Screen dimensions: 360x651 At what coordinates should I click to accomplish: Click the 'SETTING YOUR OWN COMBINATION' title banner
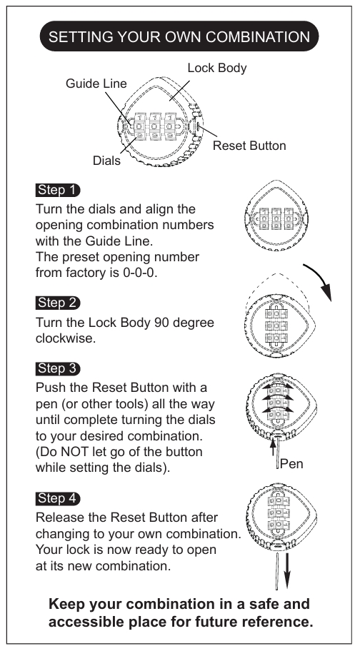[x=179, y=36]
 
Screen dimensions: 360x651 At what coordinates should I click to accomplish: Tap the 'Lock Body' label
[x=217, y=68]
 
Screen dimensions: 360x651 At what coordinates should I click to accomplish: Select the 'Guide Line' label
[x=96, y=84]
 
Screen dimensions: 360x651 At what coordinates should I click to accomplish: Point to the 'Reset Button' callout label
[x=249, y=146]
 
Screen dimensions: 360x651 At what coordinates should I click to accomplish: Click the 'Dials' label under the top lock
[x=106, y=161]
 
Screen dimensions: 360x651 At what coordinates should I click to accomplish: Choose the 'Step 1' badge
[x=58, y=190]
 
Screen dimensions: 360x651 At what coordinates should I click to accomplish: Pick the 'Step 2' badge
[x=58, y=303]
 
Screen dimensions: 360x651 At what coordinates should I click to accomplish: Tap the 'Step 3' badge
[x=58, y=368]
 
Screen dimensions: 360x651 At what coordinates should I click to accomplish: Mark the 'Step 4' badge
[x=58, y=499]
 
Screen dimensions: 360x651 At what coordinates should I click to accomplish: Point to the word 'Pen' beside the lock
[x=291, y=464]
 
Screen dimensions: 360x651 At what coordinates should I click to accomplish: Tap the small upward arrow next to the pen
[x=273, y=447]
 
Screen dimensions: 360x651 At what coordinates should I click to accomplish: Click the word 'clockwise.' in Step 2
[x=66, y=338]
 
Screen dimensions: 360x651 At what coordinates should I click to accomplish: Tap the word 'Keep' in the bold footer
[x=67, y=604]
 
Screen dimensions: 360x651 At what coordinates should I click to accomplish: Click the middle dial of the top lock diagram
[x=154, y=126]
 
